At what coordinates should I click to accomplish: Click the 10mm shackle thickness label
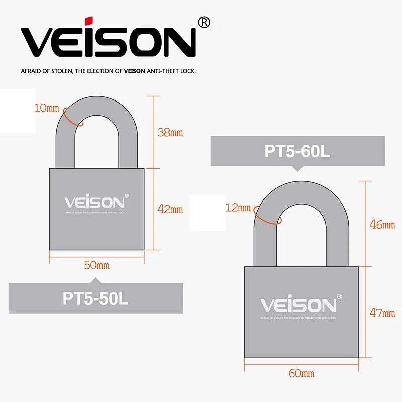(x=47, y=108)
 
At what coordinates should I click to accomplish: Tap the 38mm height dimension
(x=170, y=133)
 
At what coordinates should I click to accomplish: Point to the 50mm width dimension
(x=96, y=265)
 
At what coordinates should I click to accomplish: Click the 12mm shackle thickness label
(x=238, y=208)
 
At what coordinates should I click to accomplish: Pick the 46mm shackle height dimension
(x=382, y=225)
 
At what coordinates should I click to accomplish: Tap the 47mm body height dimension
(x=382, y=313)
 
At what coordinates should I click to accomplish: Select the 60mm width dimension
(x=301, y=373)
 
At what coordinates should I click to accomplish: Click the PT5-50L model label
(x=95, y=298)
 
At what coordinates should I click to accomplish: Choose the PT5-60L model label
(x=297, y=151)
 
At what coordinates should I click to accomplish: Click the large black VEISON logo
(x=108, y=41)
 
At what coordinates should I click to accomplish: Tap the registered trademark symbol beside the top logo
(x=204, y=22)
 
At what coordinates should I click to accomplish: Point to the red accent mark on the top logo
(x=88, y=20)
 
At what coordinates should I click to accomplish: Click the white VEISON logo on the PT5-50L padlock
(x=94, y=203)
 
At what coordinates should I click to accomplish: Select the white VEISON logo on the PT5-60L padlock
(x=297, y=305)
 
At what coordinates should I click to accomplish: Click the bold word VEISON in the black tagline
(x=135, y=71)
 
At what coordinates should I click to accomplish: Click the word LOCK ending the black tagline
(x=187, y=71)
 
